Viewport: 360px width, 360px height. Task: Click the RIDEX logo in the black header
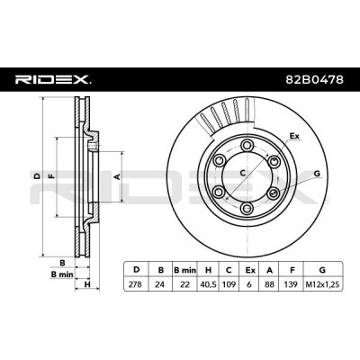[53, 79]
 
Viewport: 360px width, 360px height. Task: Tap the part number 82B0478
[314, 80]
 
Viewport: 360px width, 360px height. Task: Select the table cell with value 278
[135, 284]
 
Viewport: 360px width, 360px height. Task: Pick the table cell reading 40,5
[208, 284]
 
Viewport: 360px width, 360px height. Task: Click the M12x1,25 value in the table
[323, 284]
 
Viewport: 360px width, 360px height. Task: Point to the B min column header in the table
[184, 270]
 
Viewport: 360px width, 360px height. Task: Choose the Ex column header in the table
[249, 270]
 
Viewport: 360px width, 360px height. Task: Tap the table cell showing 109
[229, 284]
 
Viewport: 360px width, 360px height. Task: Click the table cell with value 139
[292, 284]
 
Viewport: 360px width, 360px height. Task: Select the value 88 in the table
[269, 284]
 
